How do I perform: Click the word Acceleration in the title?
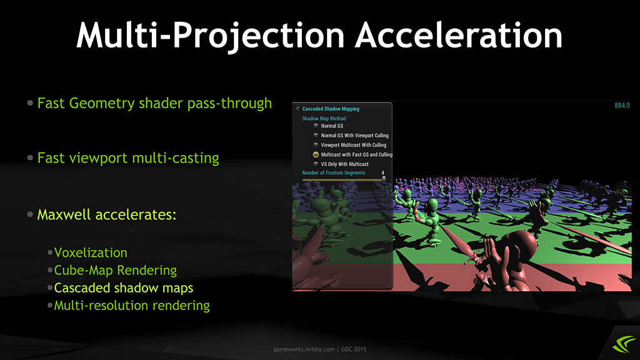pos(459,35)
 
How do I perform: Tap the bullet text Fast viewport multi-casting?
pos(128,158)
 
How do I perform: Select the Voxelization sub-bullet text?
pos(91,252)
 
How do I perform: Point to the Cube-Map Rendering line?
pos(116,270)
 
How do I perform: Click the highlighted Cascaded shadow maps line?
pos(124,287)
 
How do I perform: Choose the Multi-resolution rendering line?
pos(132,305)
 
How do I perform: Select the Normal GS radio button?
pos(316,126)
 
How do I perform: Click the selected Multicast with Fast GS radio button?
pos(316,154)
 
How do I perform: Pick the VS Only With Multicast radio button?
pos(316,164)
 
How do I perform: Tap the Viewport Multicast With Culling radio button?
pos(316,145)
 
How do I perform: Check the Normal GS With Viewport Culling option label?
pos(355,136)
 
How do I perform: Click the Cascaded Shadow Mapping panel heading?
pos(331,109)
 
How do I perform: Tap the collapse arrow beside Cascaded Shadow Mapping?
pos(297,109)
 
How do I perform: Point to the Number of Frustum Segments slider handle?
pos(384,178)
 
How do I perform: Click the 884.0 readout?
pos(622,105)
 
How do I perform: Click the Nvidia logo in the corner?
pos(623,344)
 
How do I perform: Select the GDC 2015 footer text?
pos(354,349)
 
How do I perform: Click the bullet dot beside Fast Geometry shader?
pos(30,103)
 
